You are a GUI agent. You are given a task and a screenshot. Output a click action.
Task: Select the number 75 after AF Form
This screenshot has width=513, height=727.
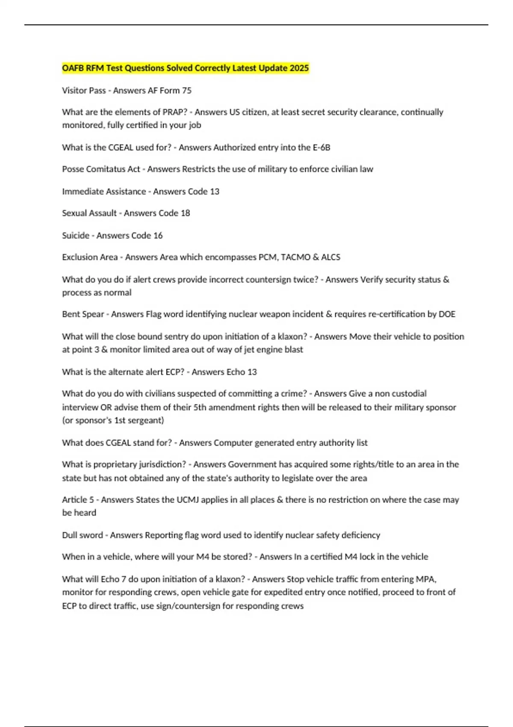(186, 91)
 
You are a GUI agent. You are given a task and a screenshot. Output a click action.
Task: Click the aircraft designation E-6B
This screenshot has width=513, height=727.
(321, 148)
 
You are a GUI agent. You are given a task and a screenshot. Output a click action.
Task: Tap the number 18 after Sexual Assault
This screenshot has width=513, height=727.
(185, 213)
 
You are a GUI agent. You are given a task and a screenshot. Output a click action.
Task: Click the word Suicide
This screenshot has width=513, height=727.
(76, 235)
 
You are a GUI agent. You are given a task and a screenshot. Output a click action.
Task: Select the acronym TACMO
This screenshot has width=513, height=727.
(295, 257)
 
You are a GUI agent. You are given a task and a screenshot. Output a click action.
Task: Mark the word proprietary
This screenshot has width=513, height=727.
(115, 464)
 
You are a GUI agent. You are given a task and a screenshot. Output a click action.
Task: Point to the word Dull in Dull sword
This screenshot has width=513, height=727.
(71, 535)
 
